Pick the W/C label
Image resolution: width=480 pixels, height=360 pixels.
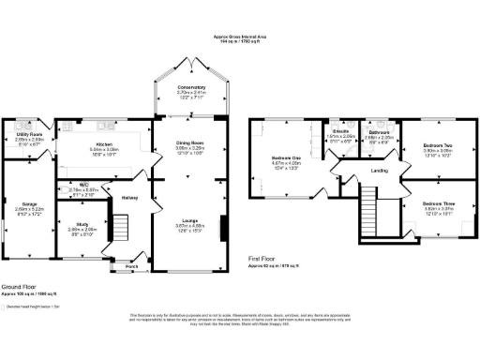point(84,185)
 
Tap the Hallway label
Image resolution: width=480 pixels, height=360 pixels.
point(129,198)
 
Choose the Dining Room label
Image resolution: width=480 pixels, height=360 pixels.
point(190,142)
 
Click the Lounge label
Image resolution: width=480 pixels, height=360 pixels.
point(190,221)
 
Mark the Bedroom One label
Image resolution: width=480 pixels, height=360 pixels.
point(285,157)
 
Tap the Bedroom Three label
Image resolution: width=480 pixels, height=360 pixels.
point(431,204)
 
